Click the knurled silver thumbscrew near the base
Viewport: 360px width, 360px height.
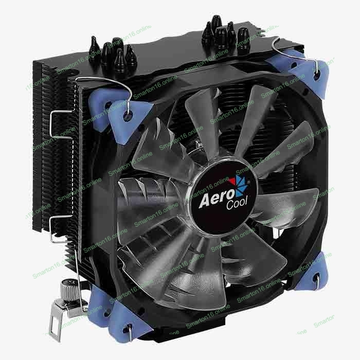pos(67,291)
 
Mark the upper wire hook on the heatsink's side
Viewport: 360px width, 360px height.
pos(60,124)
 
